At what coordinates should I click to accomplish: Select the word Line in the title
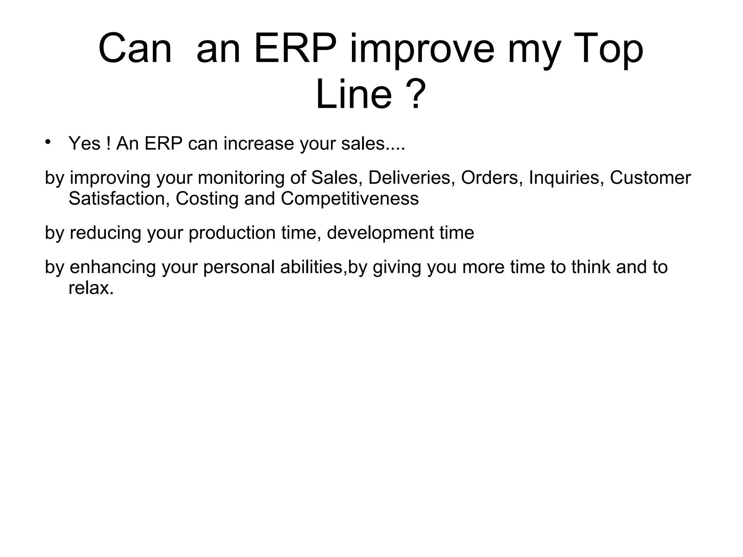pos(354,95)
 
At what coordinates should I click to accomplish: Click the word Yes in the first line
pos(84,143)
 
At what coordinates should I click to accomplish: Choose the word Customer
pos(650,178)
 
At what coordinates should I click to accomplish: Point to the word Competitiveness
pos(349,198)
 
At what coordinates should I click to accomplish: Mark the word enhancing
pos(112,267)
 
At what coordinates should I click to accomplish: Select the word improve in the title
pos(422,49)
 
